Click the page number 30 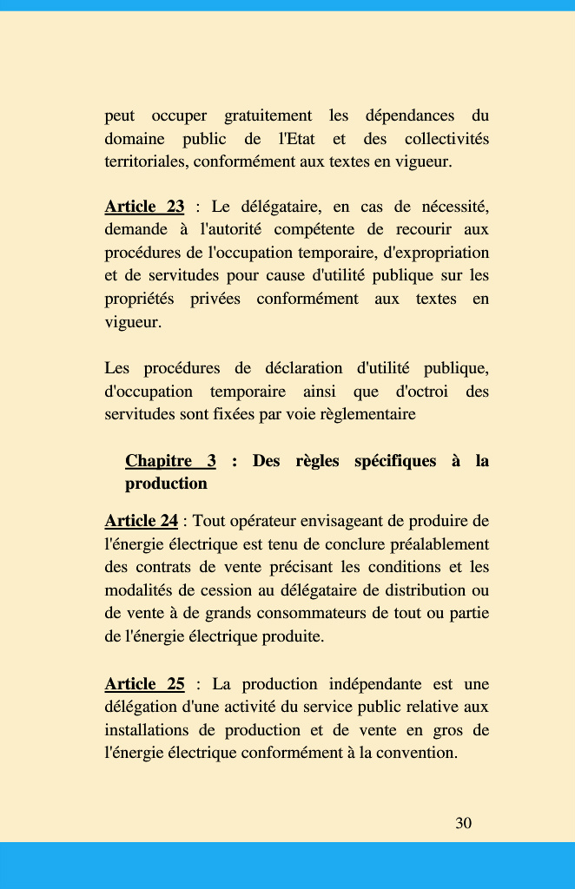pos(464,823)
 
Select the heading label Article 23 pos(144,207)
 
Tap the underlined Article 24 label pos(141,521)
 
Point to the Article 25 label pos(144,684)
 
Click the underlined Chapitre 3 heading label pos(170,461)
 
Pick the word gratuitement pos(268,115)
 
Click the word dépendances pos(409,115)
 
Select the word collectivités pos(446,139)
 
